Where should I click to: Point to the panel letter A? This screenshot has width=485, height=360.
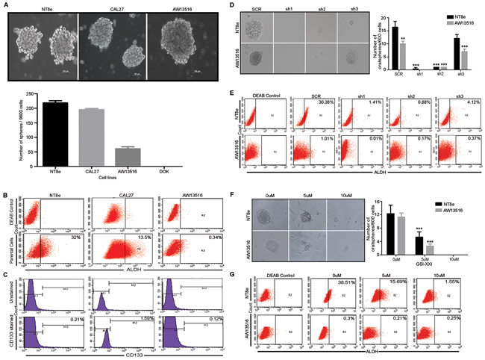(x=7, y=4)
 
